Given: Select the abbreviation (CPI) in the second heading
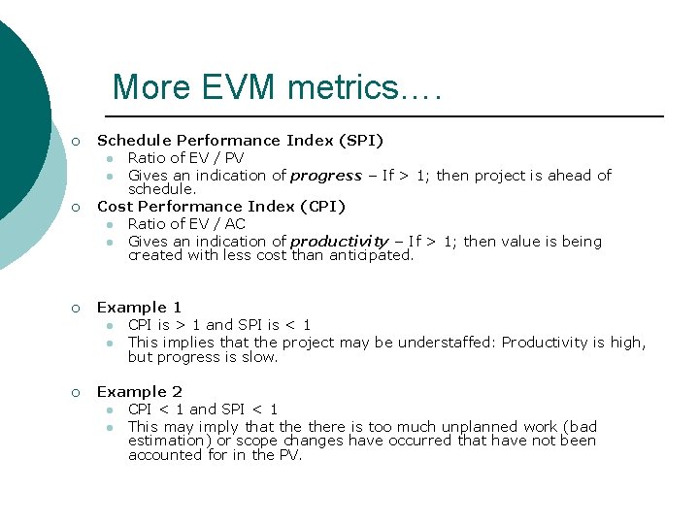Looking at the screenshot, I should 321,207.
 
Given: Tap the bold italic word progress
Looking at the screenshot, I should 326,176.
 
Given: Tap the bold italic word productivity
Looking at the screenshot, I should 339,242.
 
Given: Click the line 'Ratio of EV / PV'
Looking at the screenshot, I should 185,158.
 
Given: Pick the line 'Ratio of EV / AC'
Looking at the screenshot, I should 186,224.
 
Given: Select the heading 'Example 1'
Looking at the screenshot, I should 139,308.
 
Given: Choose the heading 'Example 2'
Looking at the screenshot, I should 139,392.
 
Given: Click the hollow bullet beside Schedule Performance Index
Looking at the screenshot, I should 76,142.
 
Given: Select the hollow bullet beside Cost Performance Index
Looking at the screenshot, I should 76,208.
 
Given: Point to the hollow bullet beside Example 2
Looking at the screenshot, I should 76,393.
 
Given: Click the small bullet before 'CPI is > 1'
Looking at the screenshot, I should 112,326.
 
